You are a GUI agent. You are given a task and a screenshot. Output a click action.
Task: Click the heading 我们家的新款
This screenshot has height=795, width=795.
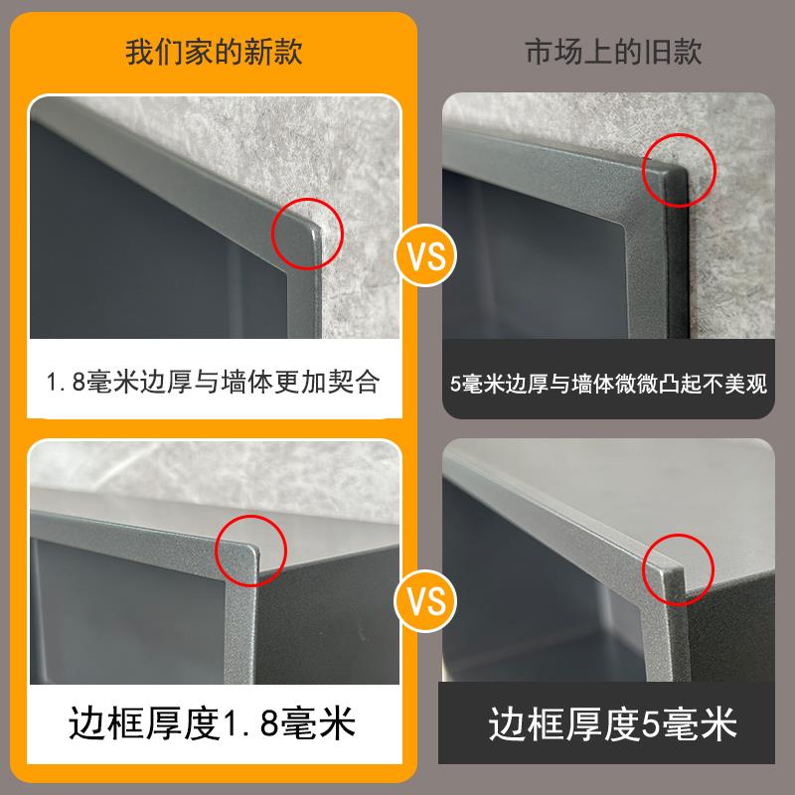(x=214, y=52)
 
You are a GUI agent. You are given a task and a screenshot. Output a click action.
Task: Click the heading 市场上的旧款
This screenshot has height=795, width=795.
(x=613, y=52)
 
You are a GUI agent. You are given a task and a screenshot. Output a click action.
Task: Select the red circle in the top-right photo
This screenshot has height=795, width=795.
(x=682, y=173)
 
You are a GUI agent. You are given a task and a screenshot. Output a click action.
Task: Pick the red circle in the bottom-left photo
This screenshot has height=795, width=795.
(x=250, y=550)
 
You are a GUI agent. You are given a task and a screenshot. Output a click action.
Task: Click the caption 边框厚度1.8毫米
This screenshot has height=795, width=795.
(x=215, y=723)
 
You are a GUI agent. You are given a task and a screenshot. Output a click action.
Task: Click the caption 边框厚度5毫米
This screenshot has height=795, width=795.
(x=613, y=723)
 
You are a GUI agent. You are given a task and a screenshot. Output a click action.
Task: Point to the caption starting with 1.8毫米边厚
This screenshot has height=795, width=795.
(x=215, y=383)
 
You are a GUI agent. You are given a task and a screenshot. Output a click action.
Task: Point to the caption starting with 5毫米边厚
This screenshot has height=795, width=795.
(x=609, y=384)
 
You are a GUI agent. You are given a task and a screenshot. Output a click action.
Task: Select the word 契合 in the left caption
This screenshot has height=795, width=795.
(x=358, y=383)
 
